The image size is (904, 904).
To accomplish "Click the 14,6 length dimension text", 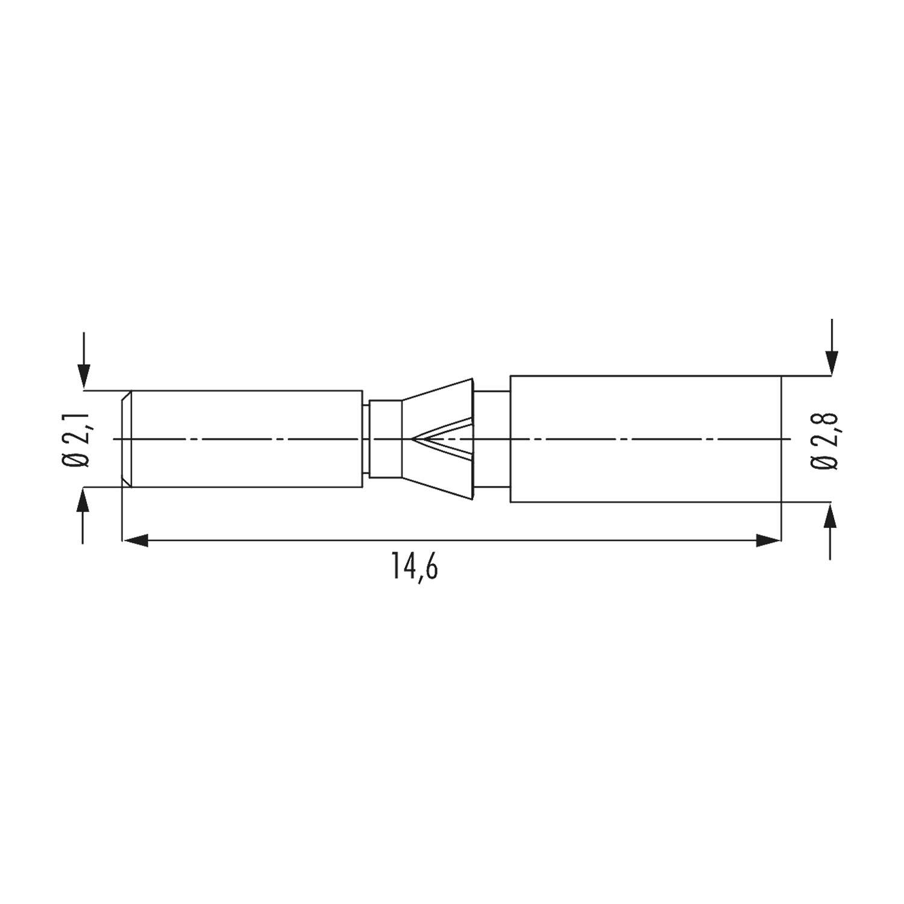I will coord(415,567).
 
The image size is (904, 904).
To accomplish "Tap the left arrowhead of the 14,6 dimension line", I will coord(136,541).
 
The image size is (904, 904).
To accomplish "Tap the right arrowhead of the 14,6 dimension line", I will coord(768,541).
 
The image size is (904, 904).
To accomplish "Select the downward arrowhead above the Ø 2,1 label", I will coord(84,376).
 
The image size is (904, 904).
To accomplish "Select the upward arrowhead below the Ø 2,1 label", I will coord(84,500).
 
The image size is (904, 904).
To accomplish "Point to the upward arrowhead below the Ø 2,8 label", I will coord(832,516).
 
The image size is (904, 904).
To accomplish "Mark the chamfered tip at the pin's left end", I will coord(127,439).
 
